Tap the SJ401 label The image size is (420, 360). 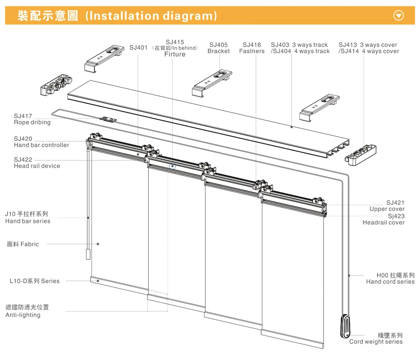point(139,48)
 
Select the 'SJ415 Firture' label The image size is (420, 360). point(175,48)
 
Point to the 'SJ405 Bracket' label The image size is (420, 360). point(218,48)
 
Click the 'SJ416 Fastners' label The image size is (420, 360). point(252,48)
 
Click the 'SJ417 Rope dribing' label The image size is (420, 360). point(32,119)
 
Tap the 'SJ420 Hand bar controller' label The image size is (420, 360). point(41,142)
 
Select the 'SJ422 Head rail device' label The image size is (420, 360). point(37,163)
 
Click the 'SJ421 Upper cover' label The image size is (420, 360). point(387,206)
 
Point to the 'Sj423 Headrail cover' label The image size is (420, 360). point(383,219)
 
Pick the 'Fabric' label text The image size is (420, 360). point(23,244)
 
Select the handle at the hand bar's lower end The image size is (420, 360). point(88,255)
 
